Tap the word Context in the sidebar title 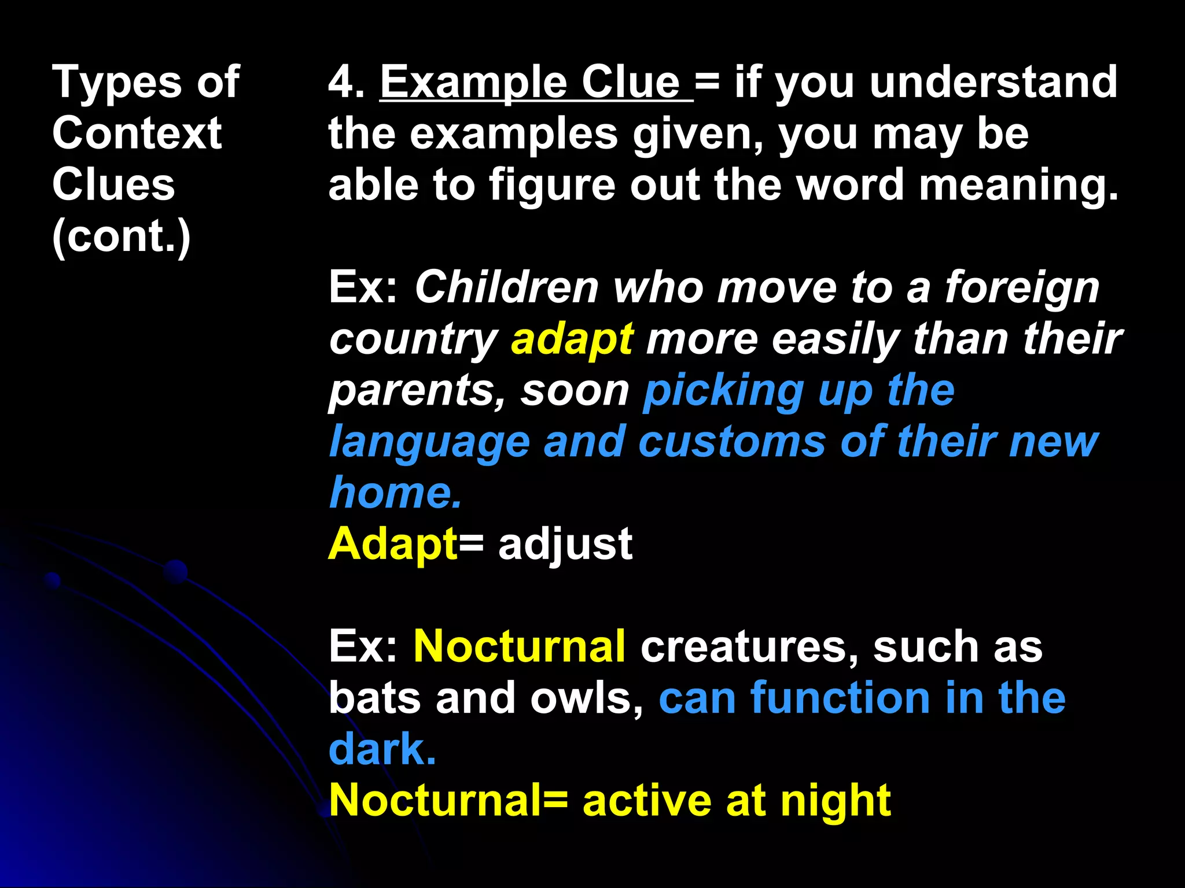coord(137,134)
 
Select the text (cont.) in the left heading coord(121,236)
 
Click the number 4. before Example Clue coord(346,82)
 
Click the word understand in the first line coord(993,82)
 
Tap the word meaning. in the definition coord(1018,186)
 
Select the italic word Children coord(506,287)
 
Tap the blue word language coord(429,443)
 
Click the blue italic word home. coord(395,493)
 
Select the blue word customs coord(731,442)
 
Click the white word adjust coord(565,545)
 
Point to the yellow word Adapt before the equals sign coord(392,545)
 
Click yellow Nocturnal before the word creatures coord(519,646)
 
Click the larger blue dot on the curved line coord(175,572)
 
